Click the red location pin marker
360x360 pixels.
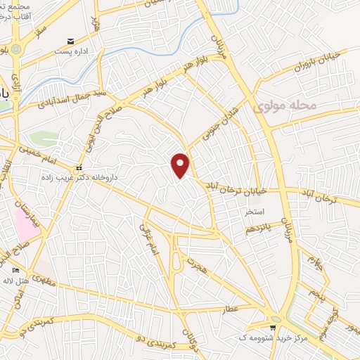click(x=181, y=165)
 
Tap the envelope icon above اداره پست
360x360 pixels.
click(x=70, y=41)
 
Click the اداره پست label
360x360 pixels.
click(x=78, y=51)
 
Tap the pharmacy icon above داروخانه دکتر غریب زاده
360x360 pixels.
click(x=79, y=169)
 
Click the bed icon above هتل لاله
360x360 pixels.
click(x=16, y=270)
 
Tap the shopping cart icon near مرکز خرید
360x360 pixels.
click(x=274, y=328)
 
